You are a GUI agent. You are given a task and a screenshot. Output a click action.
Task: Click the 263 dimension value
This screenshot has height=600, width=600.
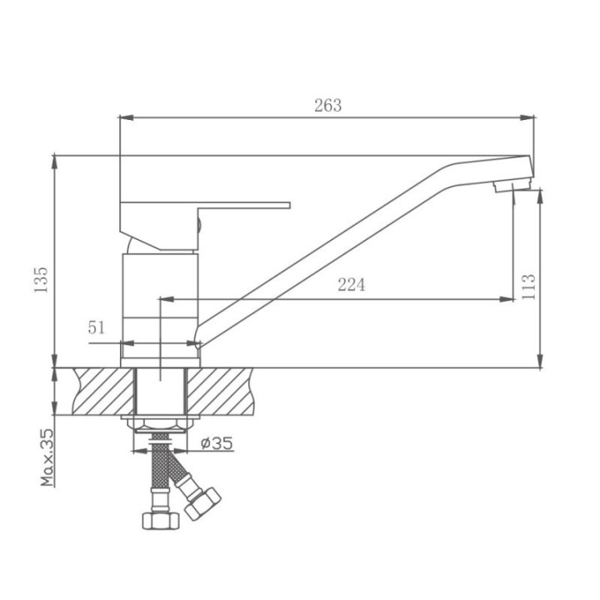(x=328, y=105)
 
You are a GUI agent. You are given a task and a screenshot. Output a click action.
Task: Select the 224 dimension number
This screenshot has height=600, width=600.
(x=352, y=285)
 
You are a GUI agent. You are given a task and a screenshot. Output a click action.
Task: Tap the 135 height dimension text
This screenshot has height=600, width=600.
(x=41, y=280)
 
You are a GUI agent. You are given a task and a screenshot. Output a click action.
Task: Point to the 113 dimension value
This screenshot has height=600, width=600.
(x=528, y=287)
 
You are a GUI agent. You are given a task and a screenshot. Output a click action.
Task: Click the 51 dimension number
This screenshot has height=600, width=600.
(x=96, y=327)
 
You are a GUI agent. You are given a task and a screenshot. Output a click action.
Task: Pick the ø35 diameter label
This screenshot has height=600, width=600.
(x=217, y=443)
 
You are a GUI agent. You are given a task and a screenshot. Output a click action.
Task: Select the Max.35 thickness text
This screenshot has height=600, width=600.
(x=47, y=457)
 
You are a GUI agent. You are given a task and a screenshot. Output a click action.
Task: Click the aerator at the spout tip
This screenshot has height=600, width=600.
(x=512, y=186)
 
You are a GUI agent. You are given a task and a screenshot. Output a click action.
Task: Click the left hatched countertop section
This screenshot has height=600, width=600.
(x=104, y=392)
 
